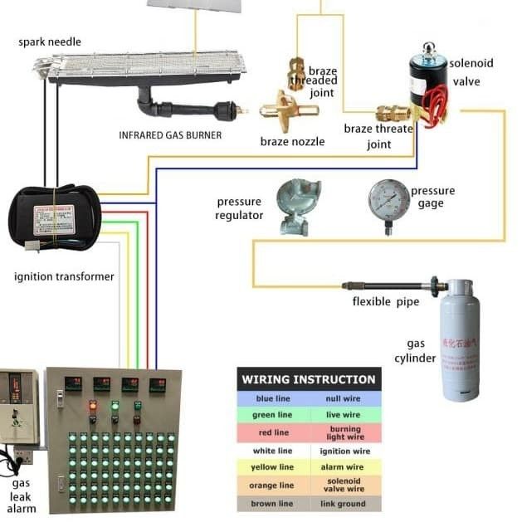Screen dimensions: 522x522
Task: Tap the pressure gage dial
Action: (x=389, y=199)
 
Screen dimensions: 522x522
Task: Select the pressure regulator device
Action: (x=296, y=206)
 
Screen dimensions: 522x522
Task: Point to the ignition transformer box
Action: (x=54, y=218)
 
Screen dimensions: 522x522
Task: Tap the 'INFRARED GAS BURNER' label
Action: (x=170, y=134)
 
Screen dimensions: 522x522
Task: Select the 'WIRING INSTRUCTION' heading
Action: (x=309, y=380)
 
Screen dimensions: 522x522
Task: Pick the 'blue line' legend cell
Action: (x=273, y=399)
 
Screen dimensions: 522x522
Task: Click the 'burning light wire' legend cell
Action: (x=342, y=432)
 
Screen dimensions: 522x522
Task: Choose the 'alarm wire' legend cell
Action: (x=342, y=467)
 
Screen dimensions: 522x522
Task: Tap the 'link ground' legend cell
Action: (x=342, y=502)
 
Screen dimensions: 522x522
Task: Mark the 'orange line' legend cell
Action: (x=273, y=485)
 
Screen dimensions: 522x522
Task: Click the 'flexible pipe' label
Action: (x=384, y=301)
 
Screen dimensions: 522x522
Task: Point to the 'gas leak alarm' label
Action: (x=22, y=495)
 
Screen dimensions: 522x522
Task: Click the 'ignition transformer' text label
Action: (x=64, y=276)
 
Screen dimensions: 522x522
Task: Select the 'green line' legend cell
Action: (x=273, y=415)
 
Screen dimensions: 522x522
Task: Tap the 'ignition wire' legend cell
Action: (x=342, y=451)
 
